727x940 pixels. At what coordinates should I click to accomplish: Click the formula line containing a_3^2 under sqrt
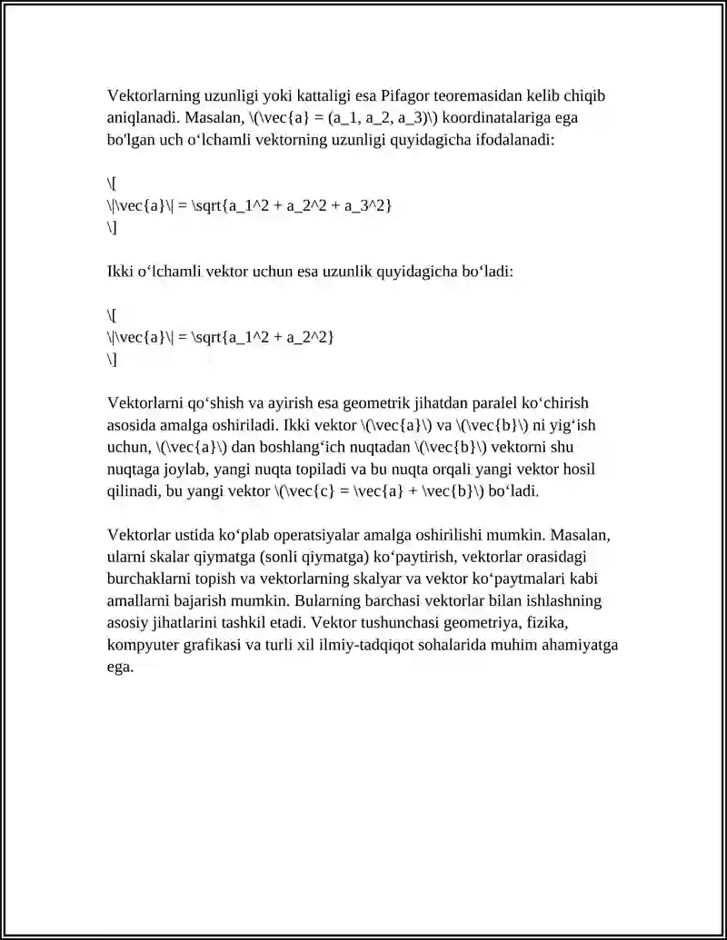pyautogui.click(x=250, y=206)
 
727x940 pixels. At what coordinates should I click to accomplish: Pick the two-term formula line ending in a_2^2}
pyautogui.click(x=221, y=338)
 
